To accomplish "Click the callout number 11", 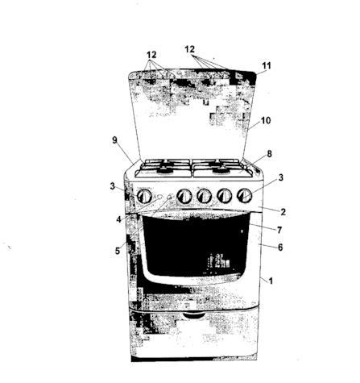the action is click(267, 65).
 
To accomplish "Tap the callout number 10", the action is click(266, 121).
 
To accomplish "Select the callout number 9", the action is click(114, 140).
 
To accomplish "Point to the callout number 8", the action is click(269, 154).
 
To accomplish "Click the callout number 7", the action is click(279, 230).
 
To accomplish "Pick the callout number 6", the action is click(280, 248).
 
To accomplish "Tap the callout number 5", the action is click(118, 251).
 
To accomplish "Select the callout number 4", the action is click(118, 219).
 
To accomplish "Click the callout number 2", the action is click(283, 212).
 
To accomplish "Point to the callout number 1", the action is click(271, 281).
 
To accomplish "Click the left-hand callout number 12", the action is click(151, 55).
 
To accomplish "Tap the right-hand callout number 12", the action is click(189, 49).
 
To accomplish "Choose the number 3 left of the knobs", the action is click(112, 186).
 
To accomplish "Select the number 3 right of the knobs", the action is click(281, 177).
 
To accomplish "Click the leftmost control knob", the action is click(144, 197).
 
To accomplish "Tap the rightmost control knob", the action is click(244, 195).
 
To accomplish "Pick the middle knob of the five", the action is click(205, 196).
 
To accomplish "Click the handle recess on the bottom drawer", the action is click(193, 315).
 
